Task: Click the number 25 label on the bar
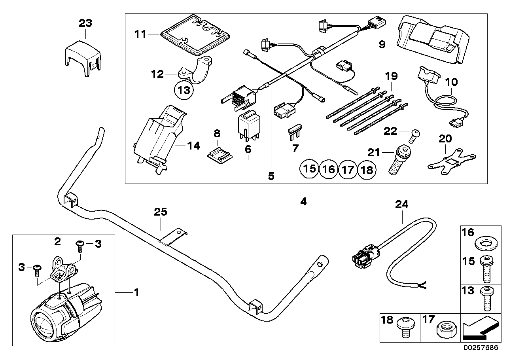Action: [161, 212]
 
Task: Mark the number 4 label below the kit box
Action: [303, 201]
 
